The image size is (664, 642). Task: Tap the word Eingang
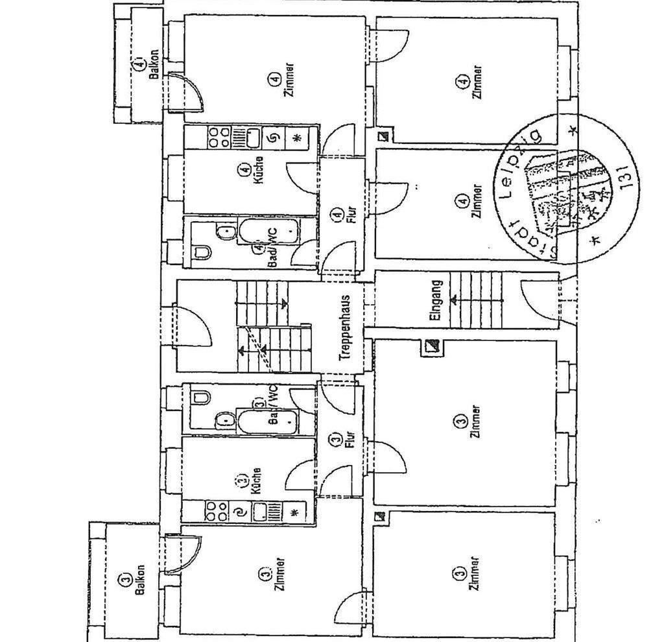436,300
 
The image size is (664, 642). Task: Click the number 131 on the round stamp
625,175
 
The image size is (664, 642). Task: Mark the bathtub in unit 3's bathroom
267,423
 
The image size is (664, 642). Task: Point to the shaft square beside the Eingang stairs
431,347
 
